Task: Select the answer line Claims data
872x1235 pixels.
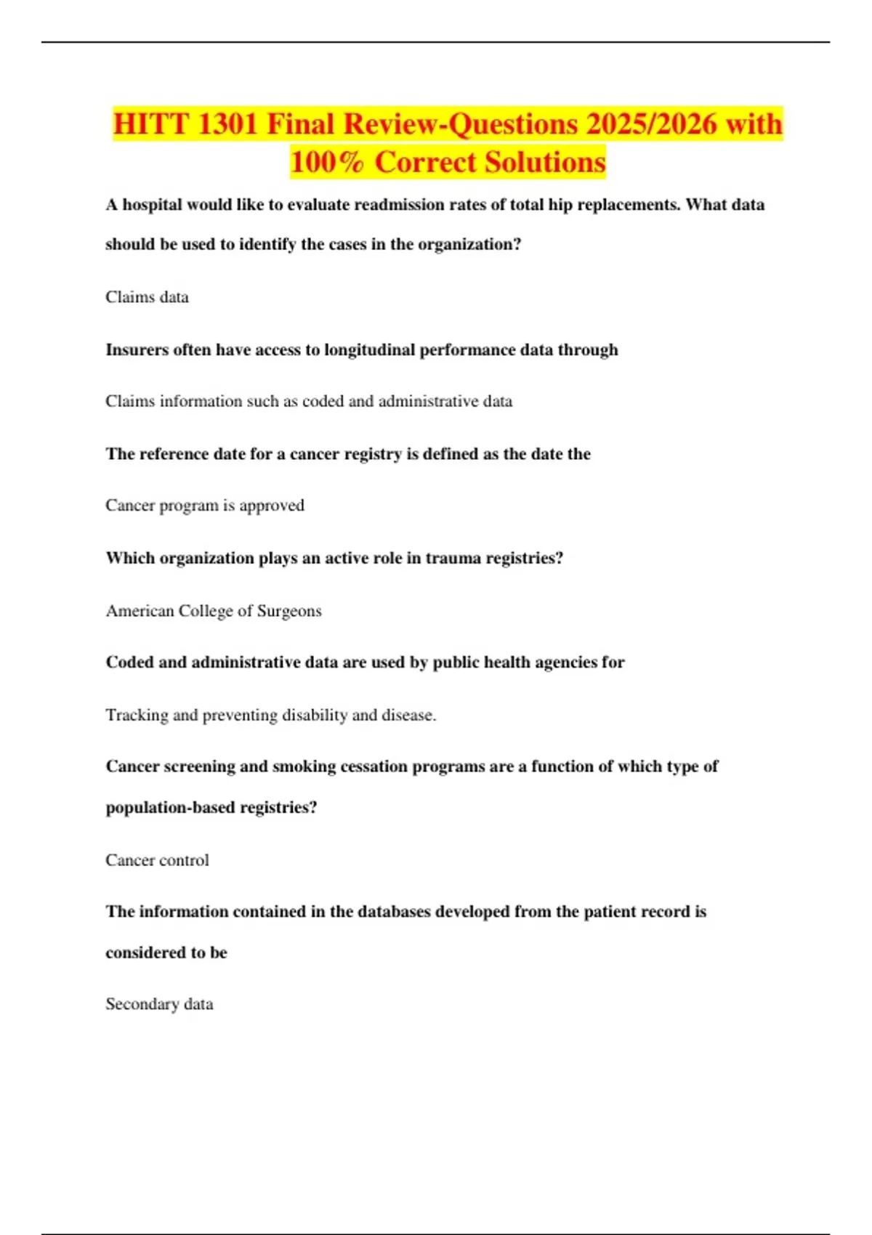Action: pyautogui.click(x=147, y=297)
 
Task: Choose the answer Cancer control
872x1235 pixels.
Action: pyautogui.click(x=157, y=860)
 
